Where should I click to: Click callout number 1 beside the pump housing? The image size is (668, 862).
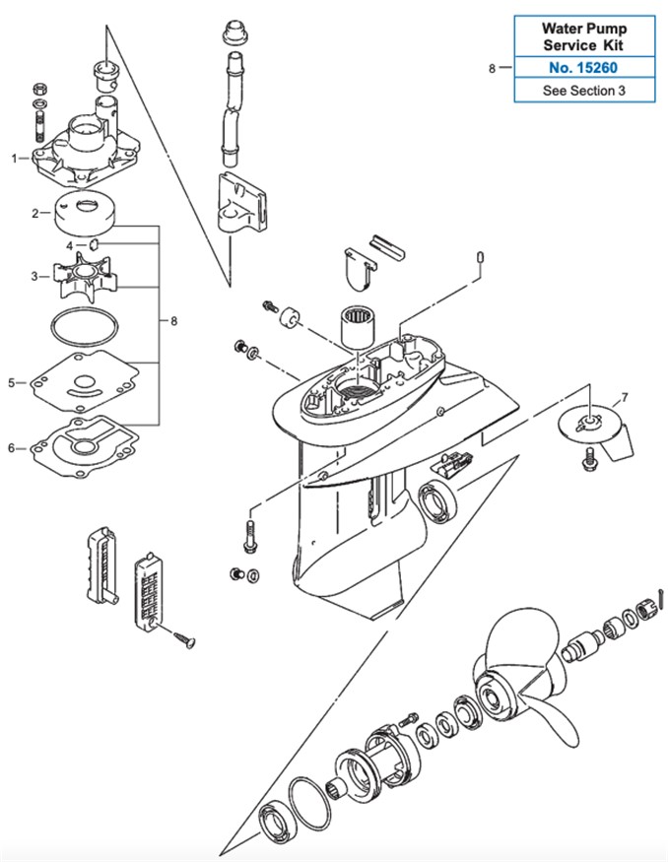[15, 158]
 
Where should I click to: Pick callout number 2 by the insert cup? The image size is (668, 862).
[34, 212]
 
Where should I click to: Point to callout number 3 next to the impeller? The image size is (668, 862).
[34, 277]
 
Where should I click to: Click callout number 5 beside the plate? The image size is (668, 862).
[12, 382]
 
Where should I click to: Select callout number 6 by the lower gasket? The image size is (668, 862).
[12, 448]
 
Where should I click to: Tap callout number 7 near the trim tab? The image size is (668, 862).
[624, 399]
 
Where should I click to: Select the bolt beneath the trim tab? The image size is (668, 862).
[590, 455]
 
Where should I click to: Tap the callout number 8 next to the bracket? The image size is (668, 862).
[174, 320]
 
